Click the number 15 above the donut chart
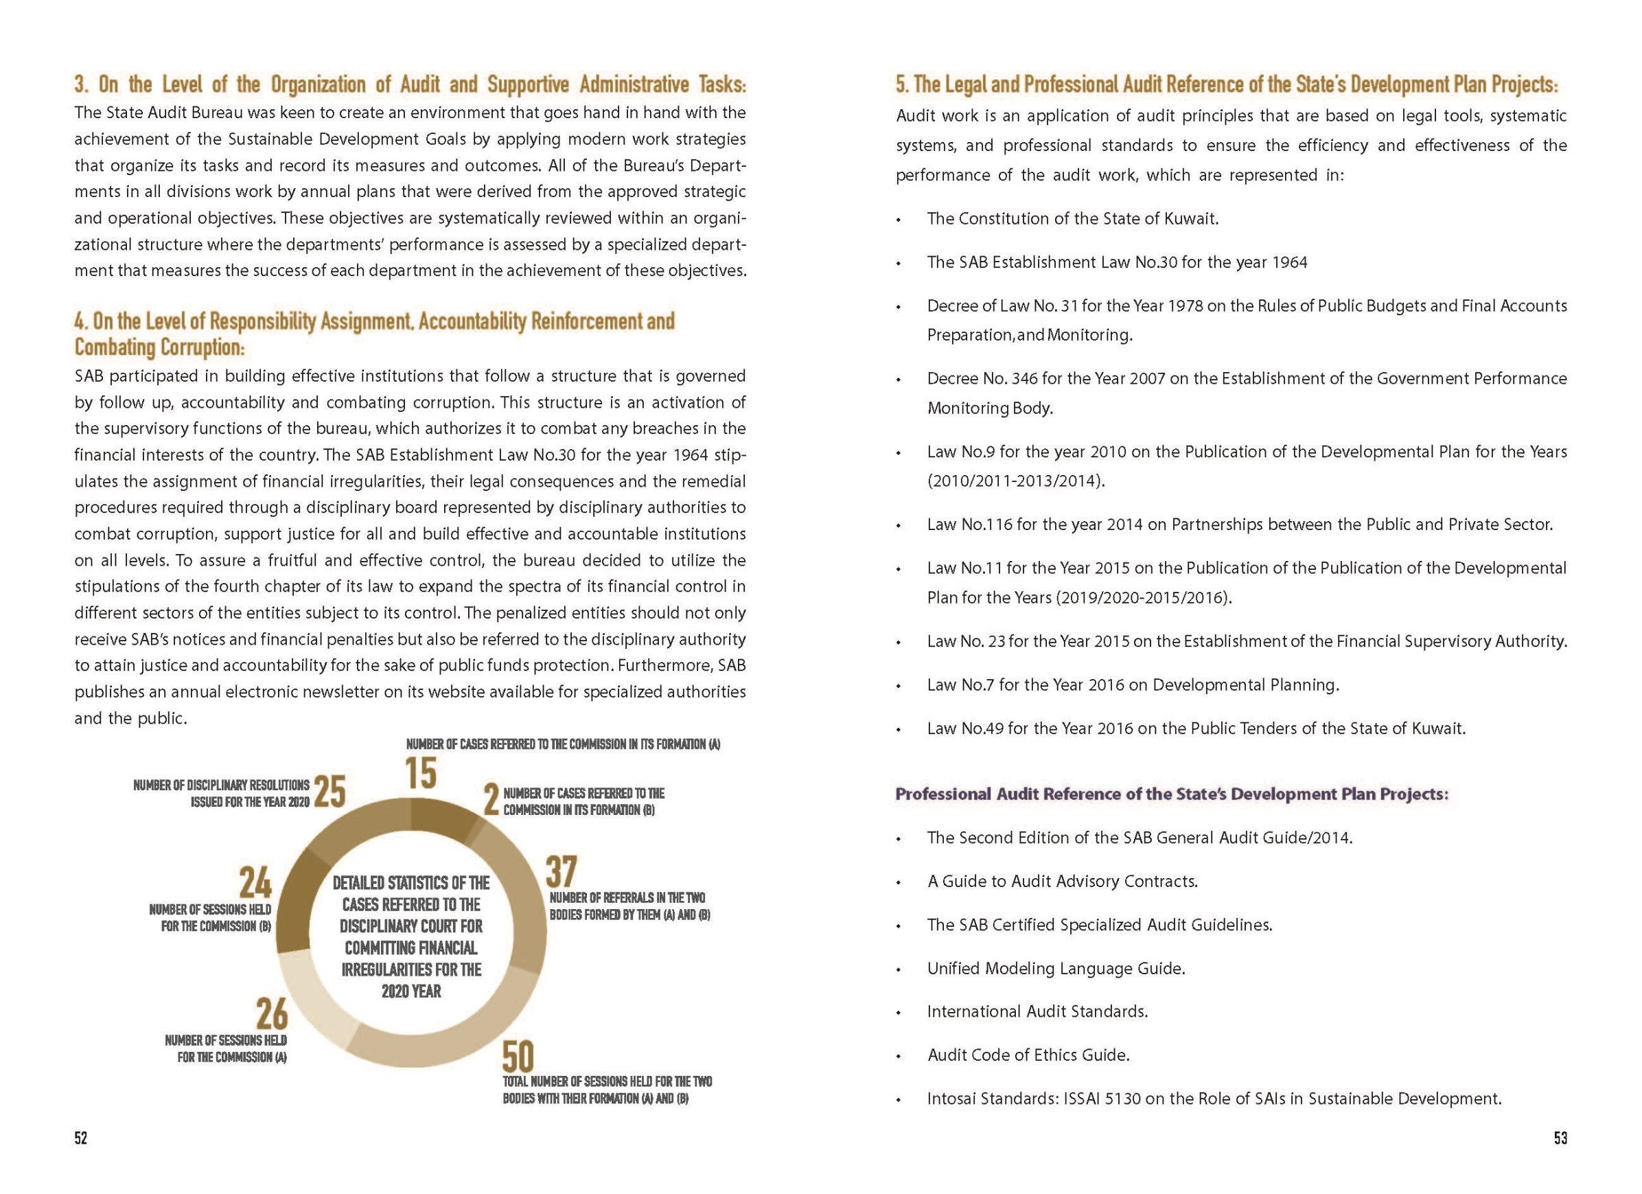[421, 772]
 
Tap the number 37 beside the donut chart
[561, 872]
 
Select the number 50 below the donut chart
[518, 1057]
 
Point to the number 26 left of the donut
[272, 1013]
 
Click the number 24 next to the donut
[255, 883]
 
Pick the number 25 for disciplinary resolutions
[329, 792]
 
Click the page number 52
[80, 1138]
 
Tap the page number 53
[1560, 1138]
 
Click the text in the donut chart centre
[410, 937]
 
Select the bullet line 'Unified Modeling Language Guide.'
[1056, 968]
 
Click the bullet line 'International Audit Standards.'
[1037, 1011]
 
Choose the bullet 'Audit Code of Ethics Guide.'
[1028, 1055]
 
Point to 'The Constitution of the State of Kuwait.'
[1072, 218]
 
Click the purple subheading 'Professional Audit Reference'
[1171, 794]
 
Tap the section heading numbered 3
[410, 84]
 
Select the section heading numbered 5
[1226, 84]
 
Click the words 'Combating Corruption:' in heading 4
[160, 347]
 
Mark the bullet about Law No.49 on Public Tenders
[1195, 728]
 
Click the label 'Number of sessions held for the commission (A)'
[226, 1048]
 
